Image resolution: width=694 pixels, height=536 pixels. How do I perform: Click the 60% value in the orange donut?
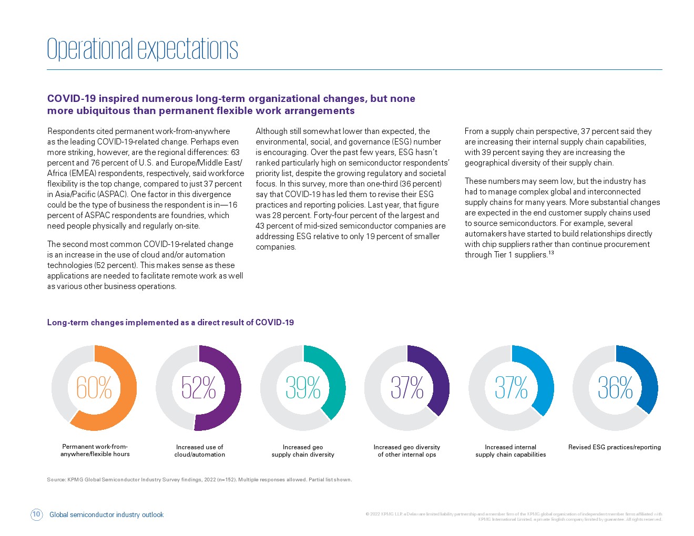click(x=94, y=387)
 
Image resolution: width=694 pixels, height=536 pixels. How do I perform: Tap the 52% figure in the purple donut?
click(x=198, y=387)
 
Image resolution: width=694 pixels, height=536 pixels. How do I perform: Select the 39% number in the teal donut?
click(x=303, y=387)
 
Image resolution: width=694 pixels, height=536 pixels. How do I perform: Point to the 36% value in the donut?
click(x=615, y=387)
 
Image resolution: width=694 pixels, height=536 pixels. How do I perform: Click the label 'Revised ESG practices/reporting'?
click(x=615, y=447)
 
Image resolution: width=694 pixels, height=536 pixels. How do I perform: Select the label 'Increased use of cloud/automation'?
click(x=200, y=450)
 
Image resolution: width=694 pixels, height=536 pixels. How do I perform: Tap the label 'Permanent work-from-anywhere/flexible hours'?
click(x=95, y=450)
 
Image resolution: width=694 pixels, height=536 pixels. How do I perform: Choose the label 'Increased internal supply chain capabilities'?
click(x=511, y=450)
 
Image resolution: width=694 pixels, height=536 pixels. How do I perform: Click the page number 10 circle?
click(x=36, y=514)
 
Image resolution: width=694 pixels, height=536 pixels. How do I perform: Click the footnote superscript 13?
click(x=551, y=253)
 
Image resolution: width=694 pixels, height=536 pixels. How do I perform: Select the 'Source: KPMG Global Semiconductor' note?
click(x=199, y=479)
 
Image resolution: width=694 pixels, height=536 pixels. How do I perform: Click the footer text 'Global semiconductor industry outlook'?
click(x=106, y=514)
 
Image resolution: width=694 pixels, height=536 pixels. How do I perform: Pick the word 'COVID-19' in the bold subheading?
click(x=72, y=98)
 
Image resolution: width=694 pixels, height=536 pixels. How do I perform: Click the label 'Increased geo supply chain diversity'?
click(x=303, y=450)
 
